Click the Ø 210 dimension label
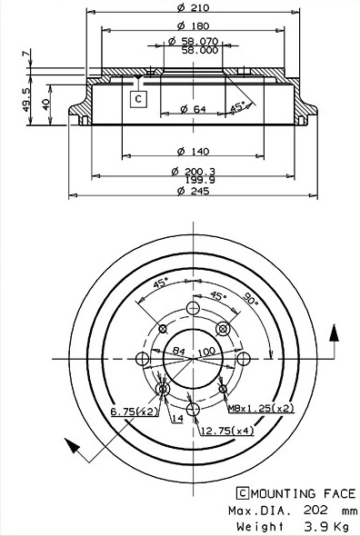click(x=193, y=7)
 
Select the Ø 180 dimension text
click(x=193, y=25)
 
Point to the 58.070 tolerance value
click(x=200, y=42)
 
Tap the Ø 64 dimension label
click(x=193, y=109)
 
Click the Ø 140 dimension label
click(x=193, y=151)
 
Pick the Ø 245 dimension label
click(x=193, y=191)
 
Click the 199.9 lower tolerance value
click(x=200, y=180)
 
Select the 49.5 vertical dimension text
click(x=26, y=100)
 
